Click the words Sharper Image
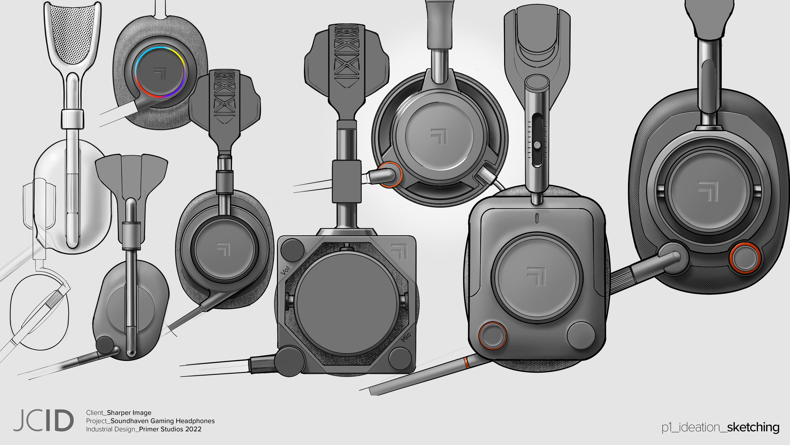click(x=129, y=413)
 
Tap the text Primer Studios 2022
click(x=170, y=429)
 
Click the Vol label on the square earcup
click(x=285, y=270)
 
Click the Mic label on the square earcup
click(x=406, y=337)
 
